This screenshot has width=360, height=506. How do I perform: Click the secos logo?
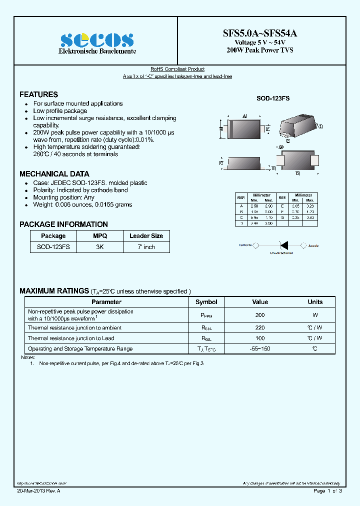96,40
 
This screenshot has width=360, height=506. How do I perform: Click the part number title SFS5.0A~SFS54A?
259,33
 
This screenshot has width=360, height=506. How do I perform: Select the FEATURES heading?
38,94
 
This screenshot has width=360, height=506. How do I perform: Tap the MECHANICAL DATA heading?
54,174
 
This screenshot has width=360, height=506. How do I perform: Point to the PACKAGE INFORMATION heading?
63,224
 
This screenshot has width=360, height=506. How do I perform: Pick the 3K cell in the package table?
100,247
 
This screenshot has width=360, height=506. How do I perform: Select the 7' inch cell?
146,247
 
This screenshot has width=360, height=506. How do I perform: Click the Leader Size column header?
146,236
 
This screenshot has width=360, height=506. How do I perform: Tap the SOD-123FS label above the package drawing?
273,99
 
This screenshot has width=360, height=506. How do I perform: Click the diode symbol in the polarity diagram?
284,245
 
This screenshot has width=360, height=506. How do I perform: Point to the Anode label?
313,245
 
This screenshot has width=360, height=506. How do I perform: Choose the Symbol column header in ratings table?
206,302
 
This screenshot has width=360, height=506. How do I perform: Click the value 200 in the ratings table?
260,315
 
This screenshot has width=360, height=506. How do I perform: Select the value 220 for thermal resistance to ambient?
260,328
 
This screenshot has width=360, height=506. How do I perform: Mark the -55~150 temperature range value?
260,348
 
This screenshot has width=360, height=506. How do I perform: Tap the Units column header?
315,302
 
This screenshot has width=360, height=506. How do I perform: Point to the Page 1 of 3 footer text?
327,491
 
